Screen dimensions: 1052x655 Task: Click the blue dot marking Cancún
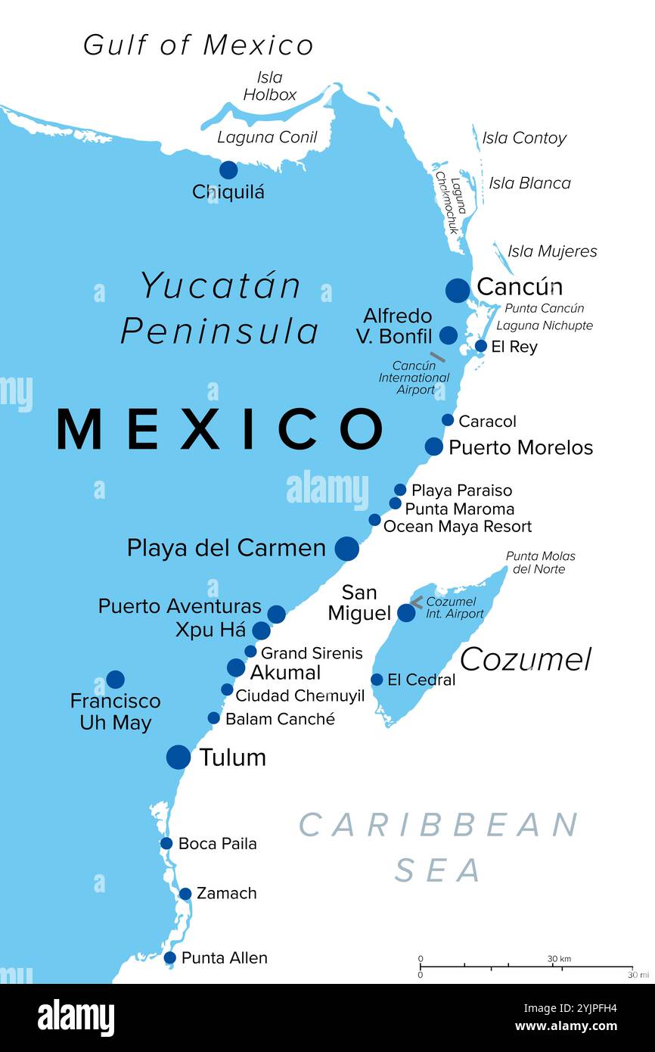[x=457, y=290]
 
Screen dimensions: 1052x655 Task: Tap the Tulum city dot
[x=178, y=757]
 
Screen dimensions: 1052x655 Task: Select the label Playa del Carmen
[x=226, y=548]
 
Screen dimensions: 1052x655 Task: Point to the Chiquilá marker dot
[x=228, y=170]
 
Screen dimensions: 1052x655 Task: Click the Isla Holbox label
[x=269, y=86]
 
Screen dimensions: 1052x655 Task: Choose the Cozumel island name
[x=525, y=660]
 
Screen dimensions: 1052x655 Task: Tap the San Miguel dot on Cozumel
[x=406, y=612]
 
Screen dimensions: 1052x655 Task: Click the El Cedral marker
[x=377, y=680]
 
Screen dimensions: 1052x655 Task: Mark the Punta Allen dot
[x=170, y=958]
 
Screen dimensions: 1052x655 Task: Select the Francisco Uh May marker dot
[x=115, y=680]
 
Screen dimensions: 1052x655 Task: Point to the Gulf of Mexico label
[x=198, y=45]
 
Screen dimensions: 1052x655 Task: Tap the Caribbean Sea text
[x=439, y=846]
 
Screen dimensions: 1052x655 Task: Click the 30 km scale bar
[x=526, y=966]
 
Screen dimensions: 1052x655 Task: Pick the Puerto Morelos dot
[x=433, y=447]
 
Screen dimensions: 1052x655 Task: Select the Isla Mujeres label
[x=552, y=251]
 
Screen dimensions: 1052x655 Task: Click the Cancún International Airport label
[x=414, y=378]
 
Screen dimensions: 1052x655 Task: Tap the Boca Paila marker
[x=166, y=843]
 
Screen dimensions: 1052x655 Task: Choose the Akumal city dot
[x=236, y=668]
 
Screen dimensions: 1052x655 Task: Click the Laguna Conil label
[x=267, y=138]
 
